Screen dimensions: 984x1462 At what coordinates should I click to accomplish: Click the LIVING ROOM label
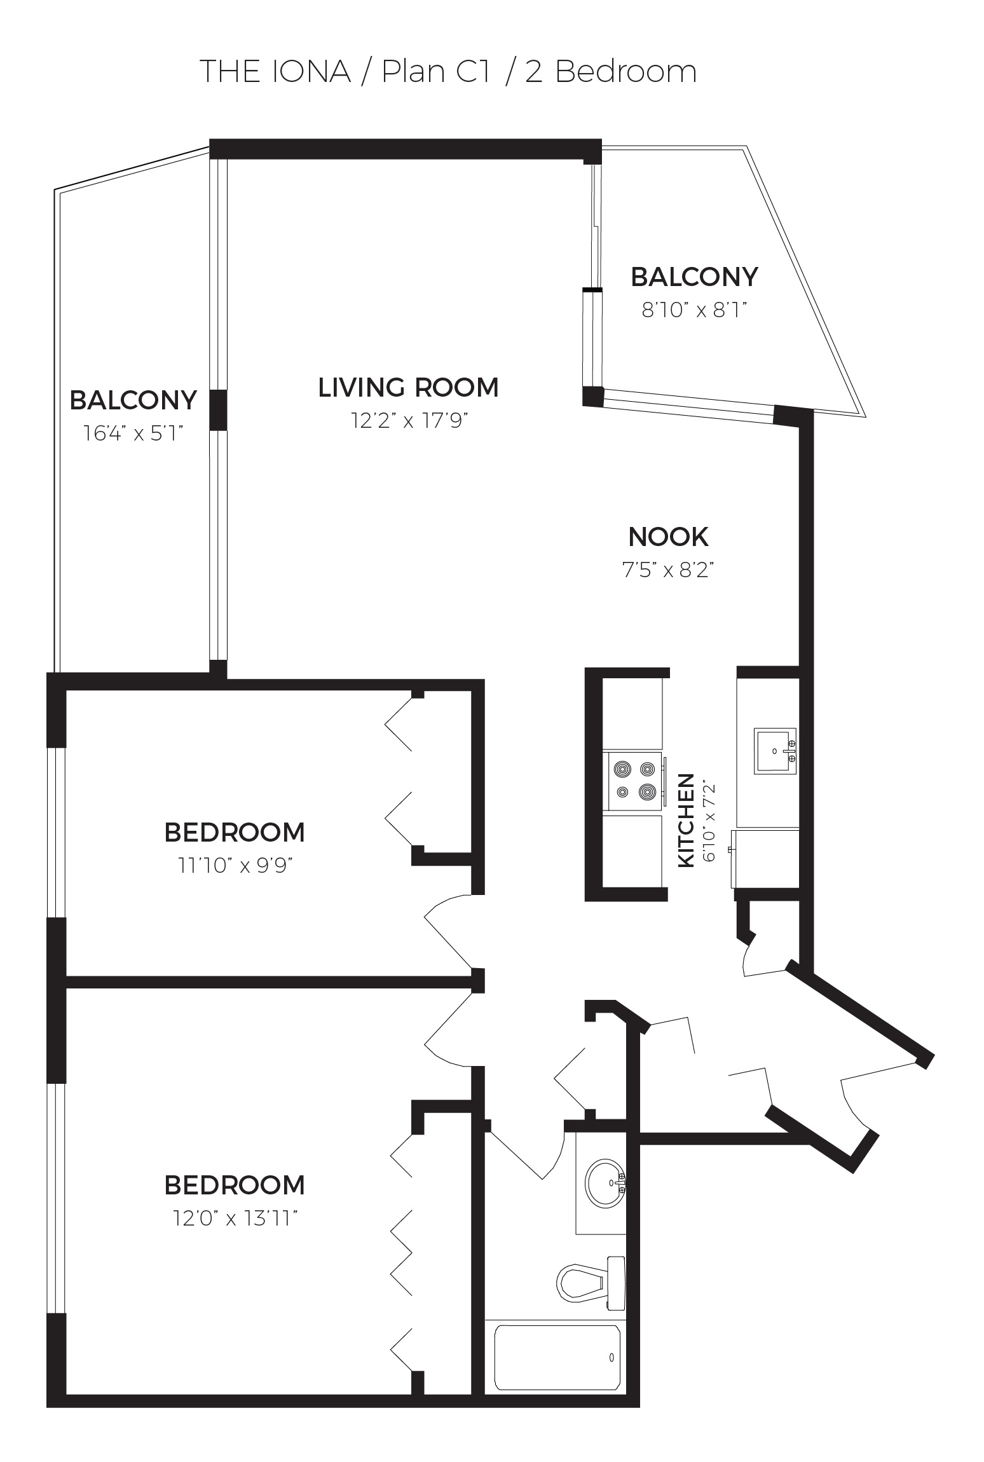pos(408,388)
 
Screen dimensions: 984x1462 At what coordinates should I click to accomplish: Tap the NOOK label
pos(668,537)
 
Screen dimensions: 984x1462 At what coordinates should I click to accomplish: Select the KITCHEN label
pos(687,820)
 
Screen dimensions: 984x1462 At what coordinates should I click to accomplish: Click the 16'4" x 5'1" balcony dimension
pos(133,434)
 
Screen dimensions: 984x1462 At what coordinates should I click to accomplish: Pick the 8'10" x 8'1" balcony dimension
pos(694,310)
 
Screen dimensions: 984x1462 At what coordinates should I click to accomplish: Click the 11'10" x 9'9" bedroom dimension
pos(235,866)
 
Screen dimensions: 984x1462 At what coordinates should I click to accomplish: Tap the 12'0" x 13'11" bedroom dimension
pos(235,1219)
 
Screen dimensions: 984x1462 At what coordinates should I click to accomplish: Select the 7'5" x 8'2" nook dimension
pos(668,570)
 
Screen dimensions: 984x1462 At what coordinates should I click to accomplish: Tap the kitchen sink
pos(775,751)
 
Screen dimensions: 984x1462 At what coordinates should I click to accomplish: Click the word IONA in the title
pos(311,71)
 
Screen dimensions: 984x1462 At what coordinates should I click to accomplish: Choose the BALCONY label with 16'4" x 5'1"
pos(133,400)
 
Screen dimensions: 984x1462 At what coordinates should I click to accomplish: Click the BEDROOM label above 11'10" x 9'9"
pos(235,833)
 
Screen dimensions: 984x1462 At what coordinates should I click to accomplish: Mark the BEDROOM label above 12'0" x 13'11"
pos(235,1185)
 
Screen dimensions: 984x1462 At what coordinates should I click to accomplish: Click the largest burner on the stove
pos(648,792)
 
